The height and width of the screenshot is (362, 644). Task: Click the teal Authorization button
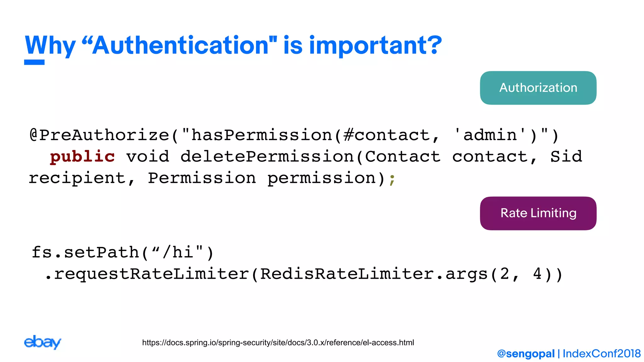click(538, 88)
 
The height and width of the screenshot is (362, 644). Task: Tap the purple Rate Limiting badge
click(538, 213)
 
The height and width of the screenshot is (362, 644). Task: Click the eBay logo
click(42, 342)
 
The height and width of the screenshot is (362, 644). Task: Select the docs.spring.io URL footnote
click(278, 343)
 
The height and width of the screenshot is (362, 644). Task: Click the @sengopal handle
click(526, 354)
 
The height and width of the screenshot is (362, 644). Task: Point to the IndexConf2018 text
click(602, 354)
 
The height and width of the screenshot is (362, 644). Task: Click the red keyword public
click(82, 156)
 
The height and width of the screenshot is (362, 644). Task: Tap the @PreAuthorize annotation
click(99, 135)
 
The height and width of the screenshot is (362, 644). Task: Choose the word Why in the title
click(50, 46)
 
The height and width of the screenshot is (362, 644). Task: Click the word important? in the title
click(375, 46)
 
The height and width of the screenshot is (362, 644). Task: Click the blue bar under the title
click(34, 62)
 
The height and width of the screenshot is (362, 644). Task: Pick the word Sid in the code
click(566, 156)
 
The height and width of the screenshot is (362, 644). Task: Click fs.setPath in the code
click(85, 252)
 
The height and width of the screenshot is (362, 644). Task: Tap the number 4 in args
click(537, 274)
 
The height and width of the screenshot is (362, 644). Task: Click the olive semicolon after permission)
click(392, 179)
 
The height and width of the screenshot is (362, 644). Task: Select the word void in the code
click(148, 156)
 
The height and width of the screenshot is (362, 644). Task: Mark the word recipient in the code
click(77, 178)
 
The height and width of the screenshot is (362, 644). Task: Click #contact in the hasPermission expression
click(387, 135)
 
